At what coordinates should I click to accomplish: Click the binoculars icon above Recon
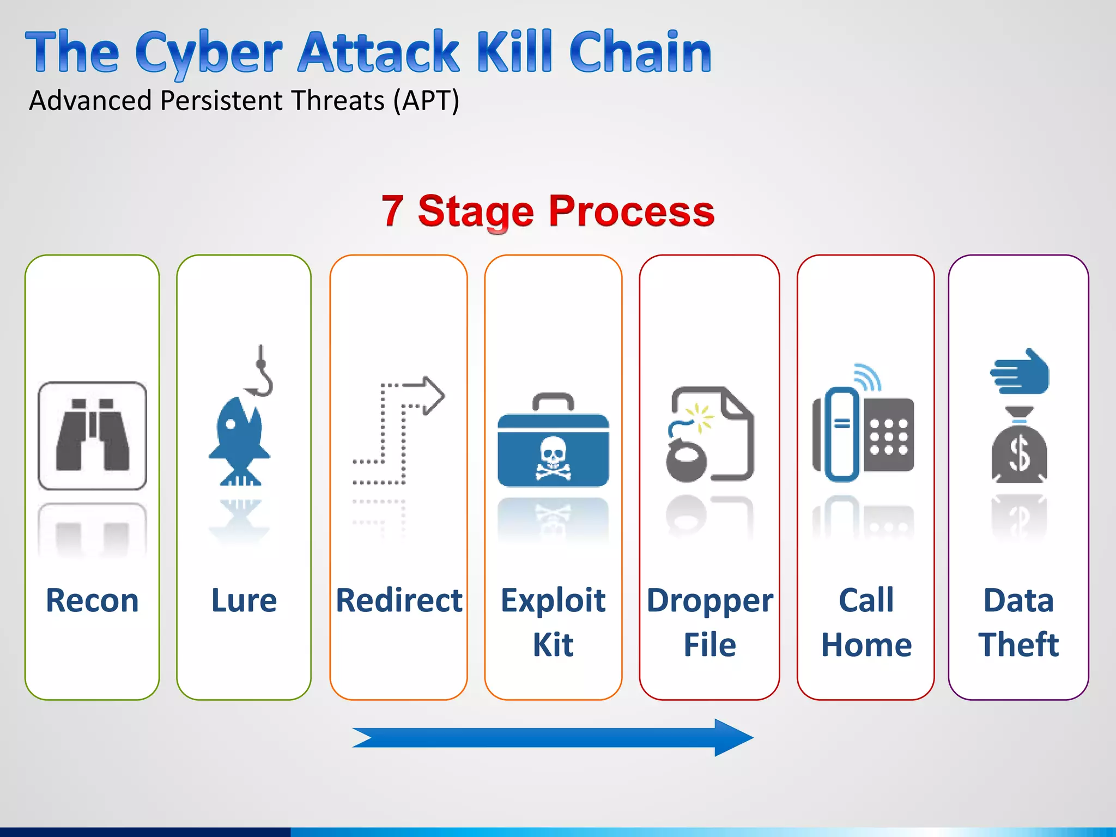(92, 435)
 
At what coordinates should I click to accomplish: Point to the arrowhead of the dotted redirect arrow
(434, 396)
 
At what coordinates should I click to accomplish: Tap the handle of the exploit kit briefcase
(553, 401)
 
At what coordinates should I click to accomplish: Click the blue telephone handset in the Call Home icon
(842, 434)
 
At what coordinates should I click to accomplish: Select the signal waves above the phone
(868, 376)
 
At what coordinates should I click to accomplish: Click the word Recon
(92, 601)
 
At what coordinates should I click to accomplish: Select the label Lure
(244, 601)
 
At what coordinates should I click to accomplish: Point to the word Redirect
(399, 601)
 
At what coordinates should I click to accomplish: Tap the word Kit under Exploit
(553, 645)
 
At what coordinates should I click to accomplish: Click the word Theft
(1018, 645)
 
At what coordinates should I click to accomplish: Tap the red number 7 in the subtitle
(392, 211)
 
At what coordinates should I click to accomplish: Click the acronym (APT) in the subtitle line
(426, 101)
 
